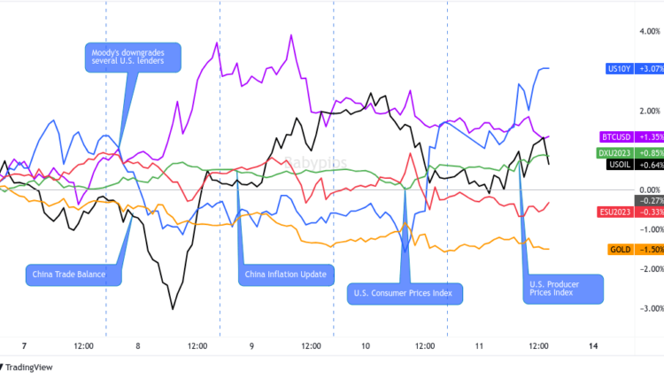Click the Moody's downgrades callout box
[134, 57]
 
